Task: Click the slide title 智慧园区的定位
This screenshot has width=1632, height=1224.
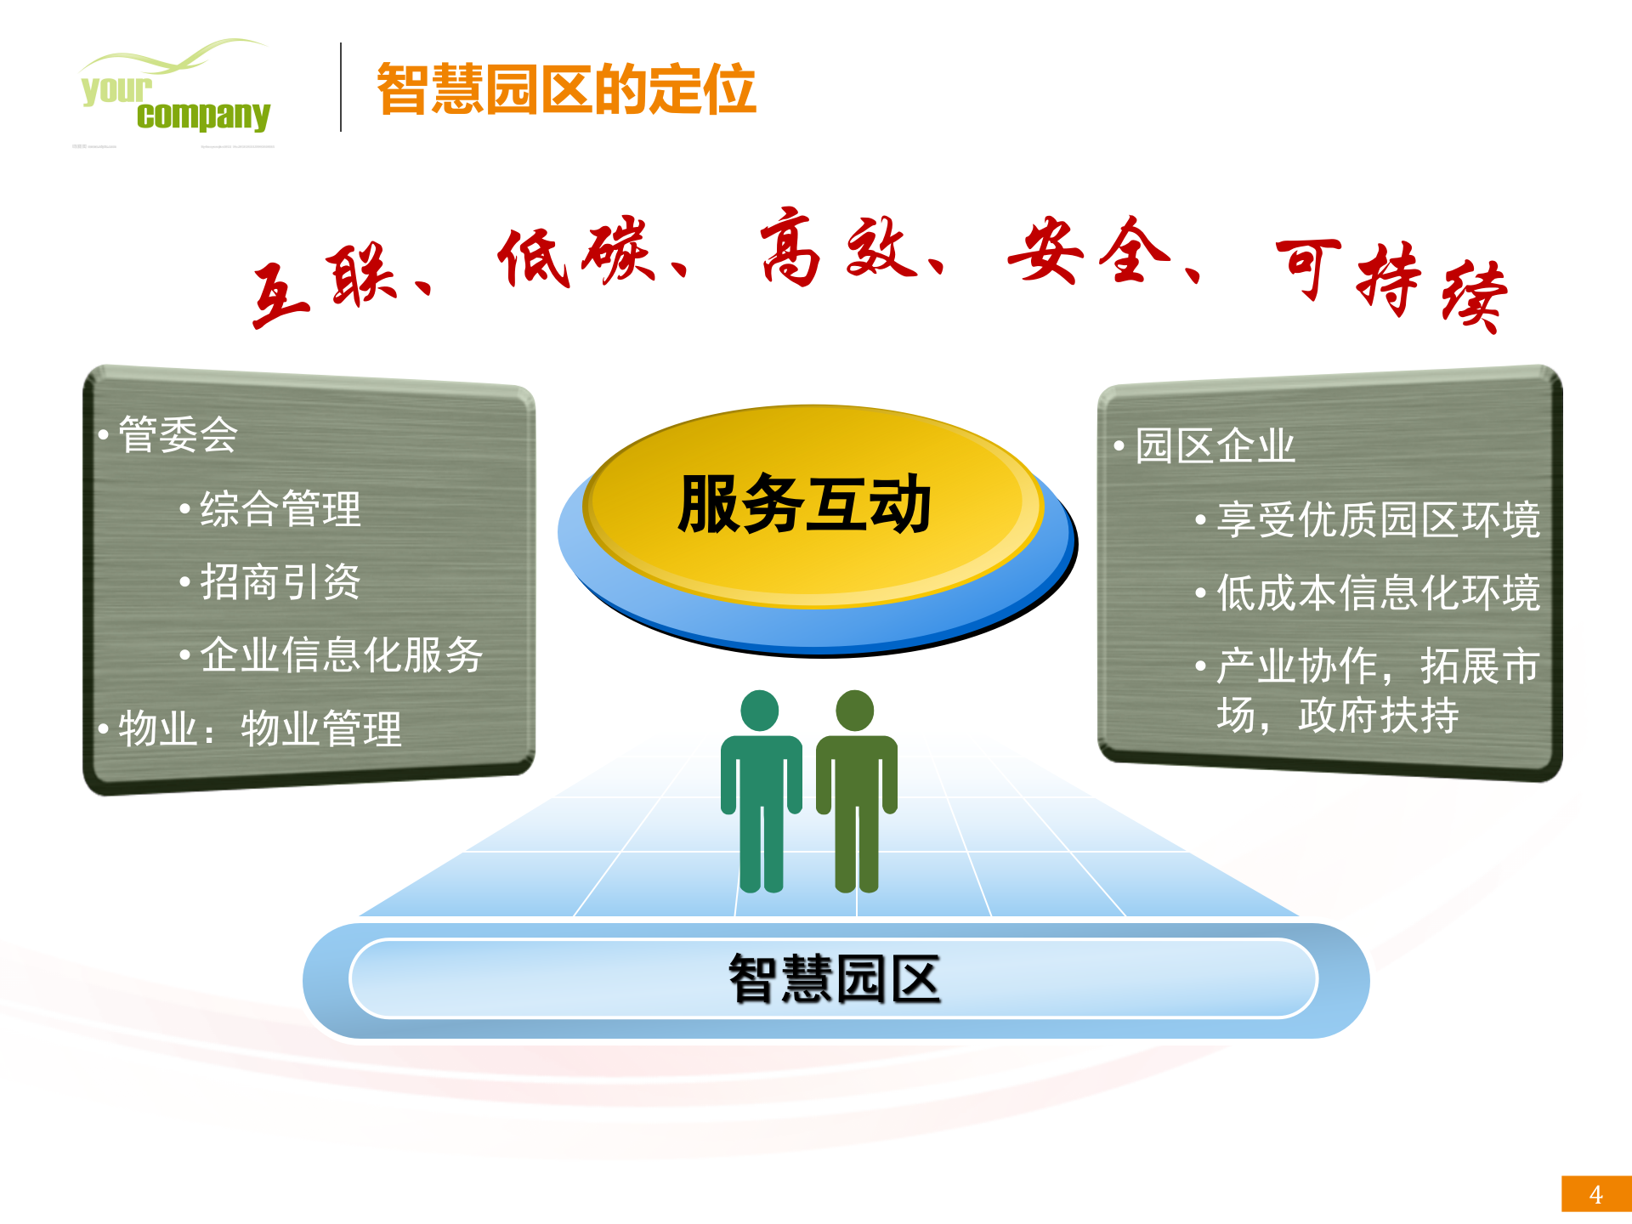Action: pos(566,89)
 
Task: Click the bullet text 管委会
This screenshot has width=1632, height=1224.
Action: pos(178,434)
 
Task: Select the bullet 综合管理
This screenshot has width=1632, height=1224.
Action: pos(280,509)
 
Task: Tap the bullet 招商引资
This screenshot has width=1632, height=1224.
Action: pos(280,582)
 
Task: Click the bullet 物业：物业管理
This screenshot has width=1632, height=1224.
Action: pos(260,728)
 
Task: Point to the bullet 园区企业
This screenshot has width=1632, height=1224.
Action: pos(1215,446)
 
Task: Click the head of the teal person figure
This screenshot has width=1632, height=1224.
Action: pos(760,710)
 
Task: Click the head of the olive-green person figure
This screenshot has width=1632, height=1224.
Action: pos(855,710)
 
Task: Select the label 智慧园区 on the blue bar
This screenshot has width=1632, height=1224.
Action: pos(835,979)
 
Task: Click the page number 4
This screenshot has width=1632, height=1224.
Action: pos(1595,1194)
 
